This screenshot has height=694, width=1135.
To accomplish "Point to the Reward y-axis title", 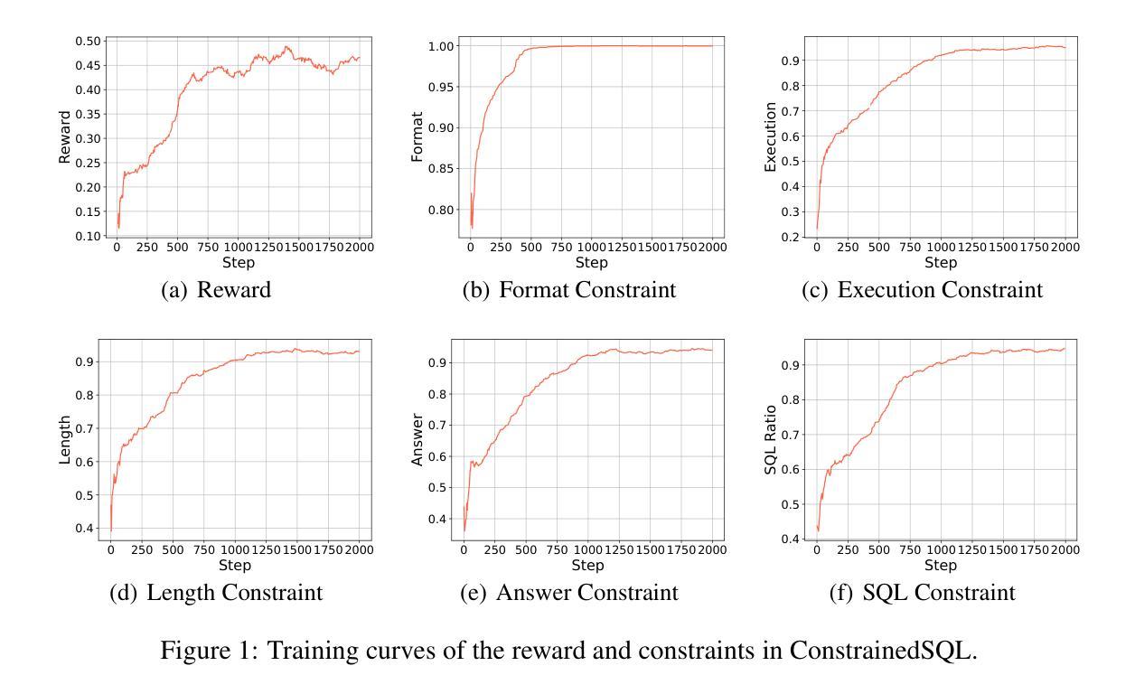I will (x=64, y=137).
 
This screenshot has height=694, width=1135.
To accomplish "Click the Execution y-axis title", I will (x=770, y=137).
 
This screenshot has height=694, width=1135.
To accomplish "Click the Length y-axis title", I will (x=64, y=440).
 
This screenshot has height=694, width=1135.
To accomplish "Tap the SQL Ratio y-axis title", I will (x=770, y=440).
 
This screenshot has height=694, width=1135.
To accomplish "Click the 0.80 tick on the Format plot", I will (x=438, y=210).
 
